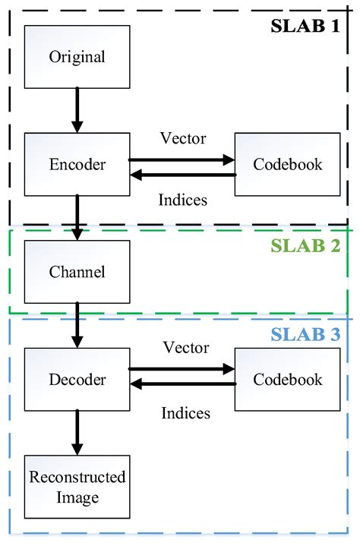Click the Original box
click(77, 57)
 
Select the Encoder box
click(77, 164)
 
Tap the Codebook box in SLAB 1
click(288, 164)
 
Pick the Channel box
click(77, 271)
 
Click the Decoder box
click(77, 379)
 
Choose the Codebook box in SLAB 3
click(288, 379)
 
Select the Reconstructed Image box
click(77, 487)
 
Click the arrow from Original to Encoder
click(77, 109)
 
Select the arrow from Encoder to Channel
click(77, 217)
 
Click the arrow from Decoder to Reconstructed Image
click(77, 433)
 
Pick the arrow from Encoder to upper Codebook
click(182, 159)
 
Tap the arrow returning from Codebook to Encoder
click(182, 175)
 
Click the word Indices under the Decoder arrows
click(185, 413)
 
